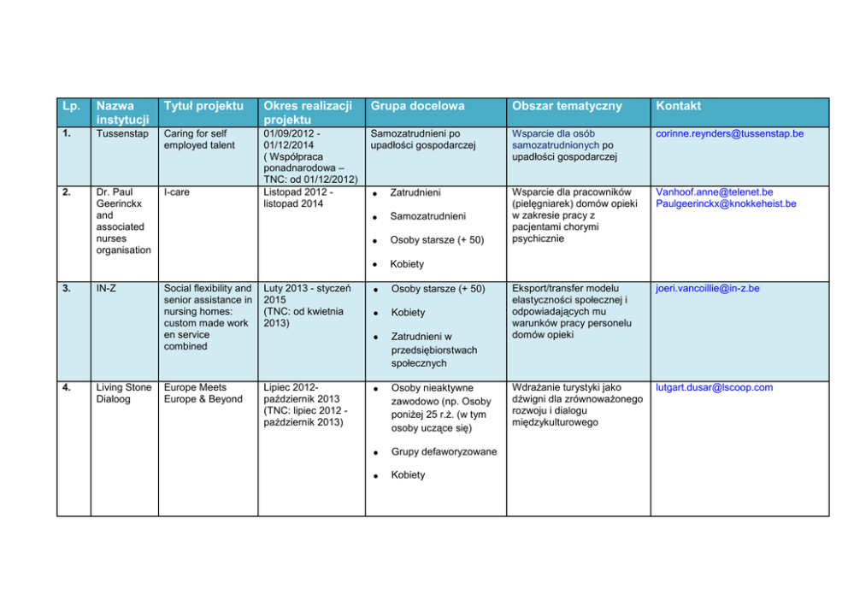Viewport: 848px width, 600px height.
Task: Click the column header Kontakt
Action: [x=678, y=106]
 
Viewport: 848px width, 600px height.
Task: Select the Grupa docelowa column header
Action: [x=417, y=106]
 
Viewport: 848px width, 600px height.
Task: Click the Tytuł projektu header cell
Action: [x=203, y=106]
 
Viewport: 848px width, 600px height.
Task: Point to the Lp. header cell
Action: [x=71, y=106]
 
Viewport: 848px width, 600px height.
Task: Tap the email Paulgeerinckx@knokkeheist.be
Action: [x=726, y=204]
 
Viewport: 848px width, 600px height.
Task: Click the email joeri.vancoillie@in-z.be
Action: [x=707, y=289]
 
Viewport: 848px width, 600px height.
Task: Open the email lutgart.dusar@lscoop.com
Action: [x=714, y=387]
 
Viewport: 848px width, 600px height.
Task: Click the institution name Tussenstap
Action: [x=122, y=134]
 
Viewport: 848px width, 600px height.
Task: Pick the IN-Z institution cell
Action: [x=107, y=289]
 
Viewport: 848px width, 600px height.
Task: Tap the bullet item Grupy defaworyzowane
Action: [x=443, y=452]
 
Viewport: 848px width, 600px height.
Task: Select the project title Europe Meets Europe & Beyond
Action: [x=203, y=393]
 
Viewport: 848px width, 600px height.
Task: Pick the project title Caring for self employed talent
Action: [x=199, y=139]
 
